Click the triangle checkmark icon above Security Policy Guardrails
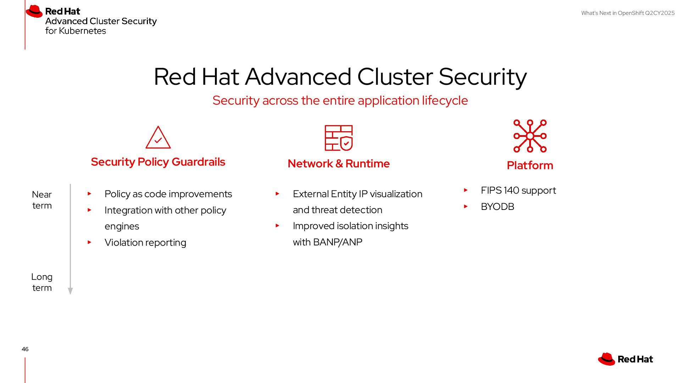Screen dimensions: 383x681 pos(158,138)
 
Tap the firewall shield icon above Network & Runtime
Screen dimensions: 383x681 pos(339,138)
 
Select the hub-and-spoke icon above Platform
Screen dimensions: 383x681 pos(530,136)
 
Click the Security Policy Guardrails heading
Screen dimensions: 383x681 pos(158,162)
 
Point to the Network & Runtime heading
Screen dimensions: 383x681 pos(338,163)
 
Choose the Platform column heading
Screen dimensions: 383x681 pos(530,165)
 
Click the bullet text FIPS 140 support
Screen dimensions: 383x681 pos(518,190)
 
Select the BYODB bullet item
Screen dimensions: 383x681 pos(497,206)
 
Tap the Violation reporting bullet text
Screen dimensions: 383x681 pos(145,243)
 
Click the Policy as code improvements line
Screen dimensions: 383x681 pos(168,194)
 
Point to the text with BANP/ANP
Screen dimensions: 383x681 pos(327,242)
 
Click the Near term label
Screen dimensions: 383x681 pos(42,200)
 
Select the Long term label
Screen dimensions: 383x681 pos(42,282)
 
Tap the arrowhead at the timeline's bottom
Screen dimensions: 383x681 pos(70,291)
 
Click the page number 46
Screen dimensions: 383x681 pos(25,349)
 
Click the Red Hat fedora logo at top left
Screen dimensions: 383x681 pos(34,11)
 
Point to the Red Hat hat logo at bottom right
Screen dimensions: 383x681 pos(607,359)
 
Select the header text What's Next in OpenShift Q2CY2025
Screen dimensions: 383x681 pos(628,13)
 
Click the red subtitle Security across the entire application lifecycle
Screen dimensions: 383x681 pos(340,100)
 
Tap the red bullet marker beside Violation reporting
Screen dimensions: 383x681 pos(89,242)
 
